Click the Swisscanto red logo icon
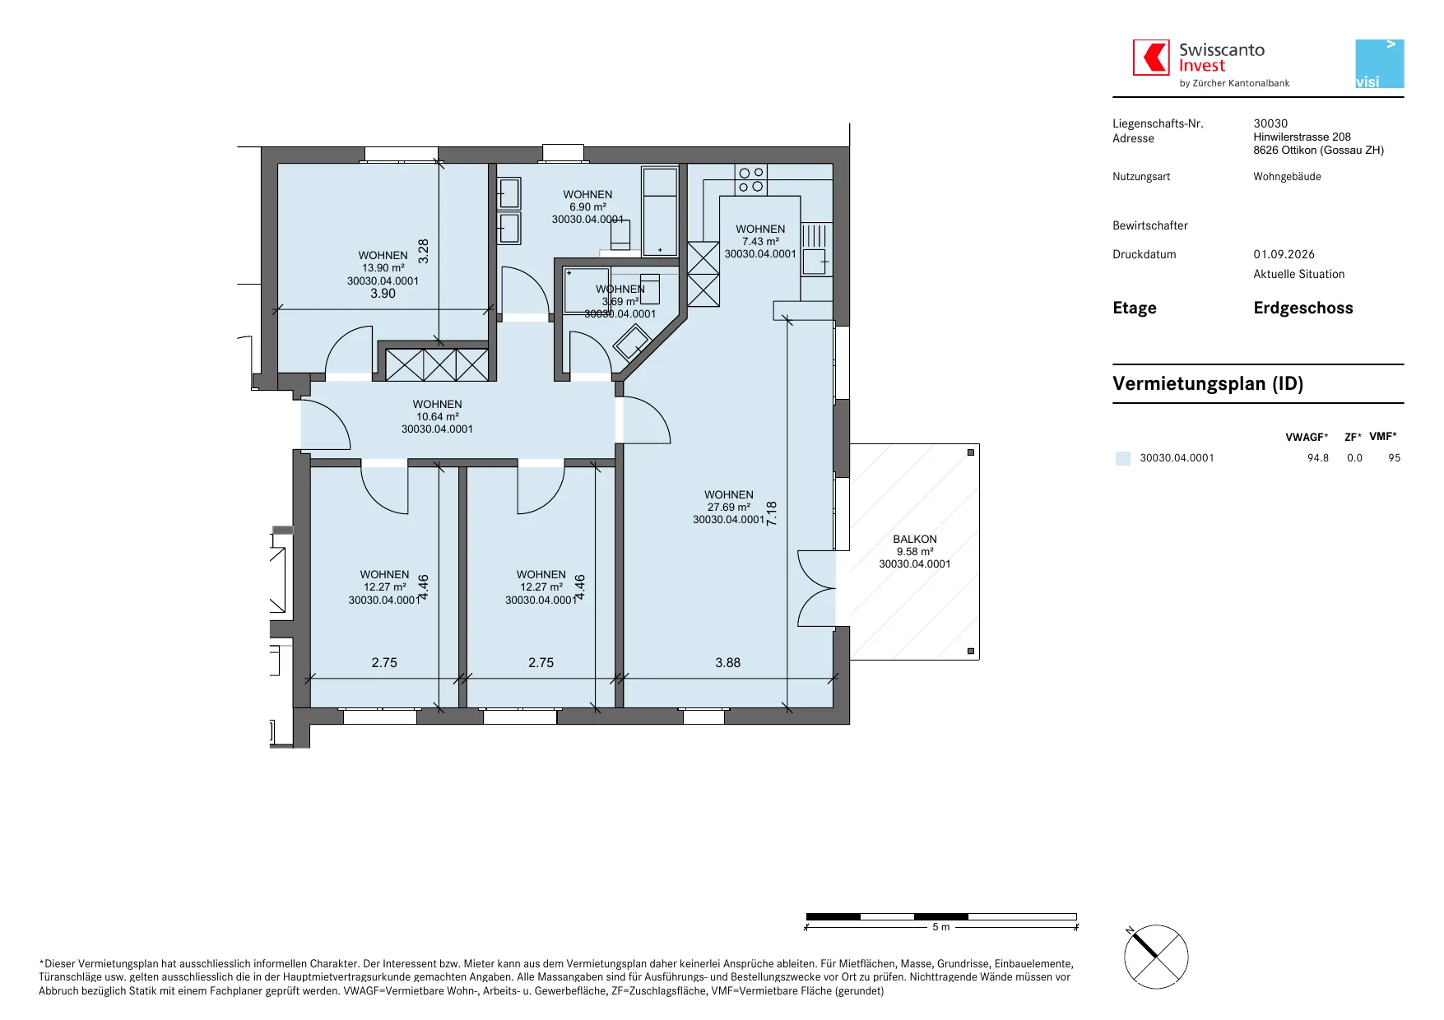click(1151, 58)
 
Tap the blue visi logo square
click(1380, 64)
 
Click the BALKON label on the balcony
click(915, 540)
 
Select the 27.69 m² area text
click(729, 508)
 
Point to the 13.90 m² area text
click(383, 268)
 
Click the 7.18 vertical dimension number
click(772, 513)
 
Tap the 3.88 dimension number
click(728, 663)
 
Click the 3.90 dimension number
click(383, 294)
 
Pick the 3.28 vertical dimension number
click(424, 251)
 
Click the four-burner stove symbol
click(751, 179)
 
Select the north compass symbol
click(1156, 957)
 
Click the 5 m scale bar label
click(941, 927)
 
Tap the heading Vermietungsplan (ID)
click(1208, 384)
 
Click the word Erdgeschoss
click(1303, 308)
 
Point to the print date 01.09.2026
click(1284, 255)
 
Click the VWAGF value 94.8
click(1318, 458)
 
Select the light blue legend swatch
click(1123, 458)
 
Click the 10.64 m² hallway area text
click(438, 417)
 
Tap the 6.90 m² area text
click(588, 207)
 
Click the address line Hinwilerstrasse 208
click(1302, 137)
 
